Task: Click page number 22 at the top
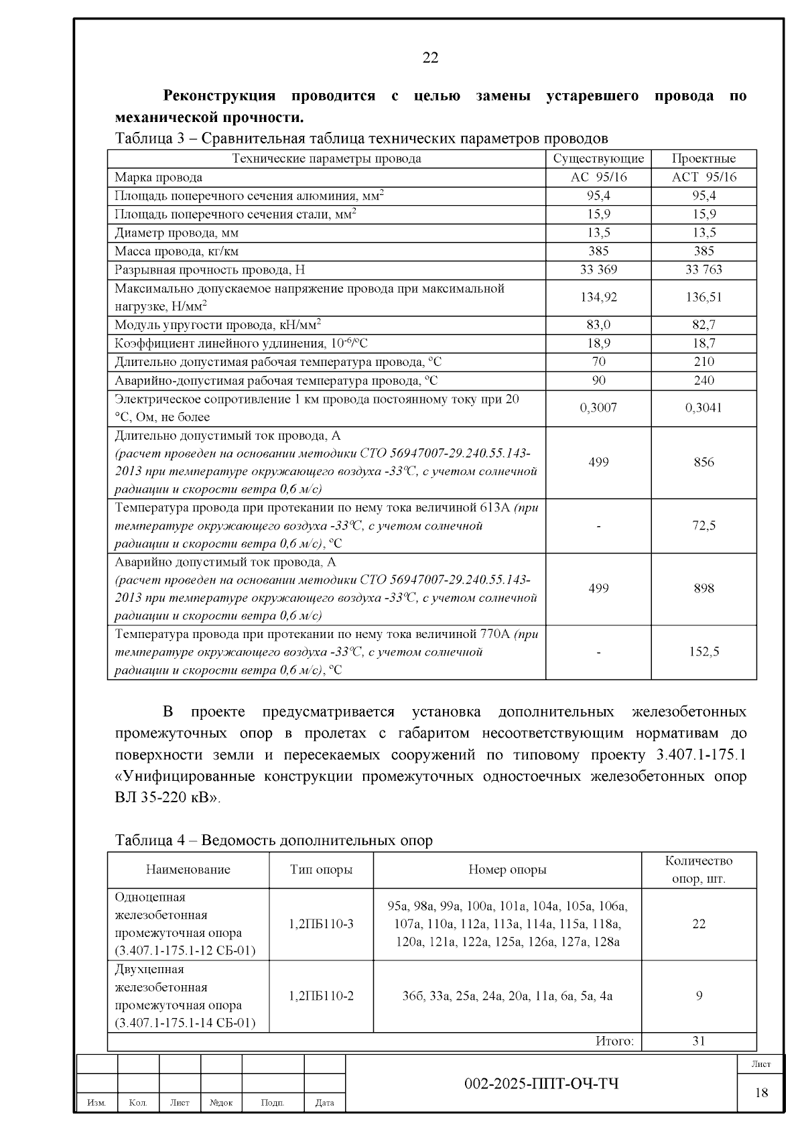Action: (431, 58)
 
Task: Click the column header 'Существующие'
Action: (598, 159)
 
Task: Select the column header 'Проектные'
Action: (703, 159)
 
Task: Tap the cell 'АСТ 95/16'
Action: (703, 177)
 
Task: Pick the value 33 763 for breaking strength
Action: (703, 269)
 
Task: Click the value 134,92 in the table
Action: (598, 297)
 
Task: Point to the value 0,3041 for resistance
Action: (703, 407)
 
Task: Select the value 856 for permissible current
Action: (703, 462)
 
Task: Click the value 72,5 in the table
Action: (703, 525)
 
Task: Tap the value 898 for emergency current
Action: (703, 588)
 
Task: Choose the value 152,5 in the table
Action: (703, 651)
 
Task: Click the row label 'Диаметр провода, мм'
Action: (177, 233)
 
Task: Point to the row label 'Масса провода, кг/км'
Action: (177, 251)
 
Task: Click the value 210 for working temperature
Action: (703, 362)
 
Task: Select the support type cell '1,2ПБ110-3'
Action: (321, 924)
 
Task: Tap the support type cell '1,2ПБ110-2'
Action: (321, 996)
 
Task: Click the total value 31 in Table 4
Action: (699, 1041)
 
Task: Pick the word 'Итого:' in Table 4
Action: (614, 1041)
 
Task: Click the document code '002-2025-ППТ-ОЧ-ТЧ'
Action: (542, 1084)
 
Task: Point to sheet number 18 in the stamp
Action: (762, 1093)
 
